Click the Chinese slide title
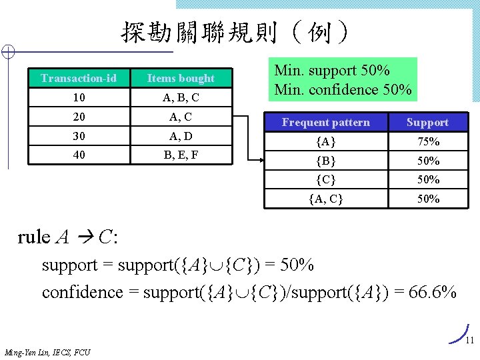coord(234,31)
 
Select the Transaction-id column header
coord(79,79)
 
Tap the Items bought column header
coord(181,79)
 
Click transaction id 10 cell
coord(79,98)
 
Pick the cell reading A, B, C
coord(181,98)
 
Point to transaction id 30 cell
coord(79,136)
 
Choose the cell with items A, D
coord(181,136)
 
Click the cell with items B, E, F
coord(181,155)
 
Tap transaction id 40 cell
coord(79,155)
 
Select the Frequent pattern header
coord(326,123)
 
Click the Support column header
coord(427,123)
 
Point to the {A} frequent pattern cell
coord(326,141)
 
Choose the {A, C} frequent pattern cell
coord(326,199)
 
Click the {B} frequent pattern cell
coord(326,161)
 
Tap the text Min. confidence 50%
coord(343,89)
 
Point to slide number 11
coord(469,341)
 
